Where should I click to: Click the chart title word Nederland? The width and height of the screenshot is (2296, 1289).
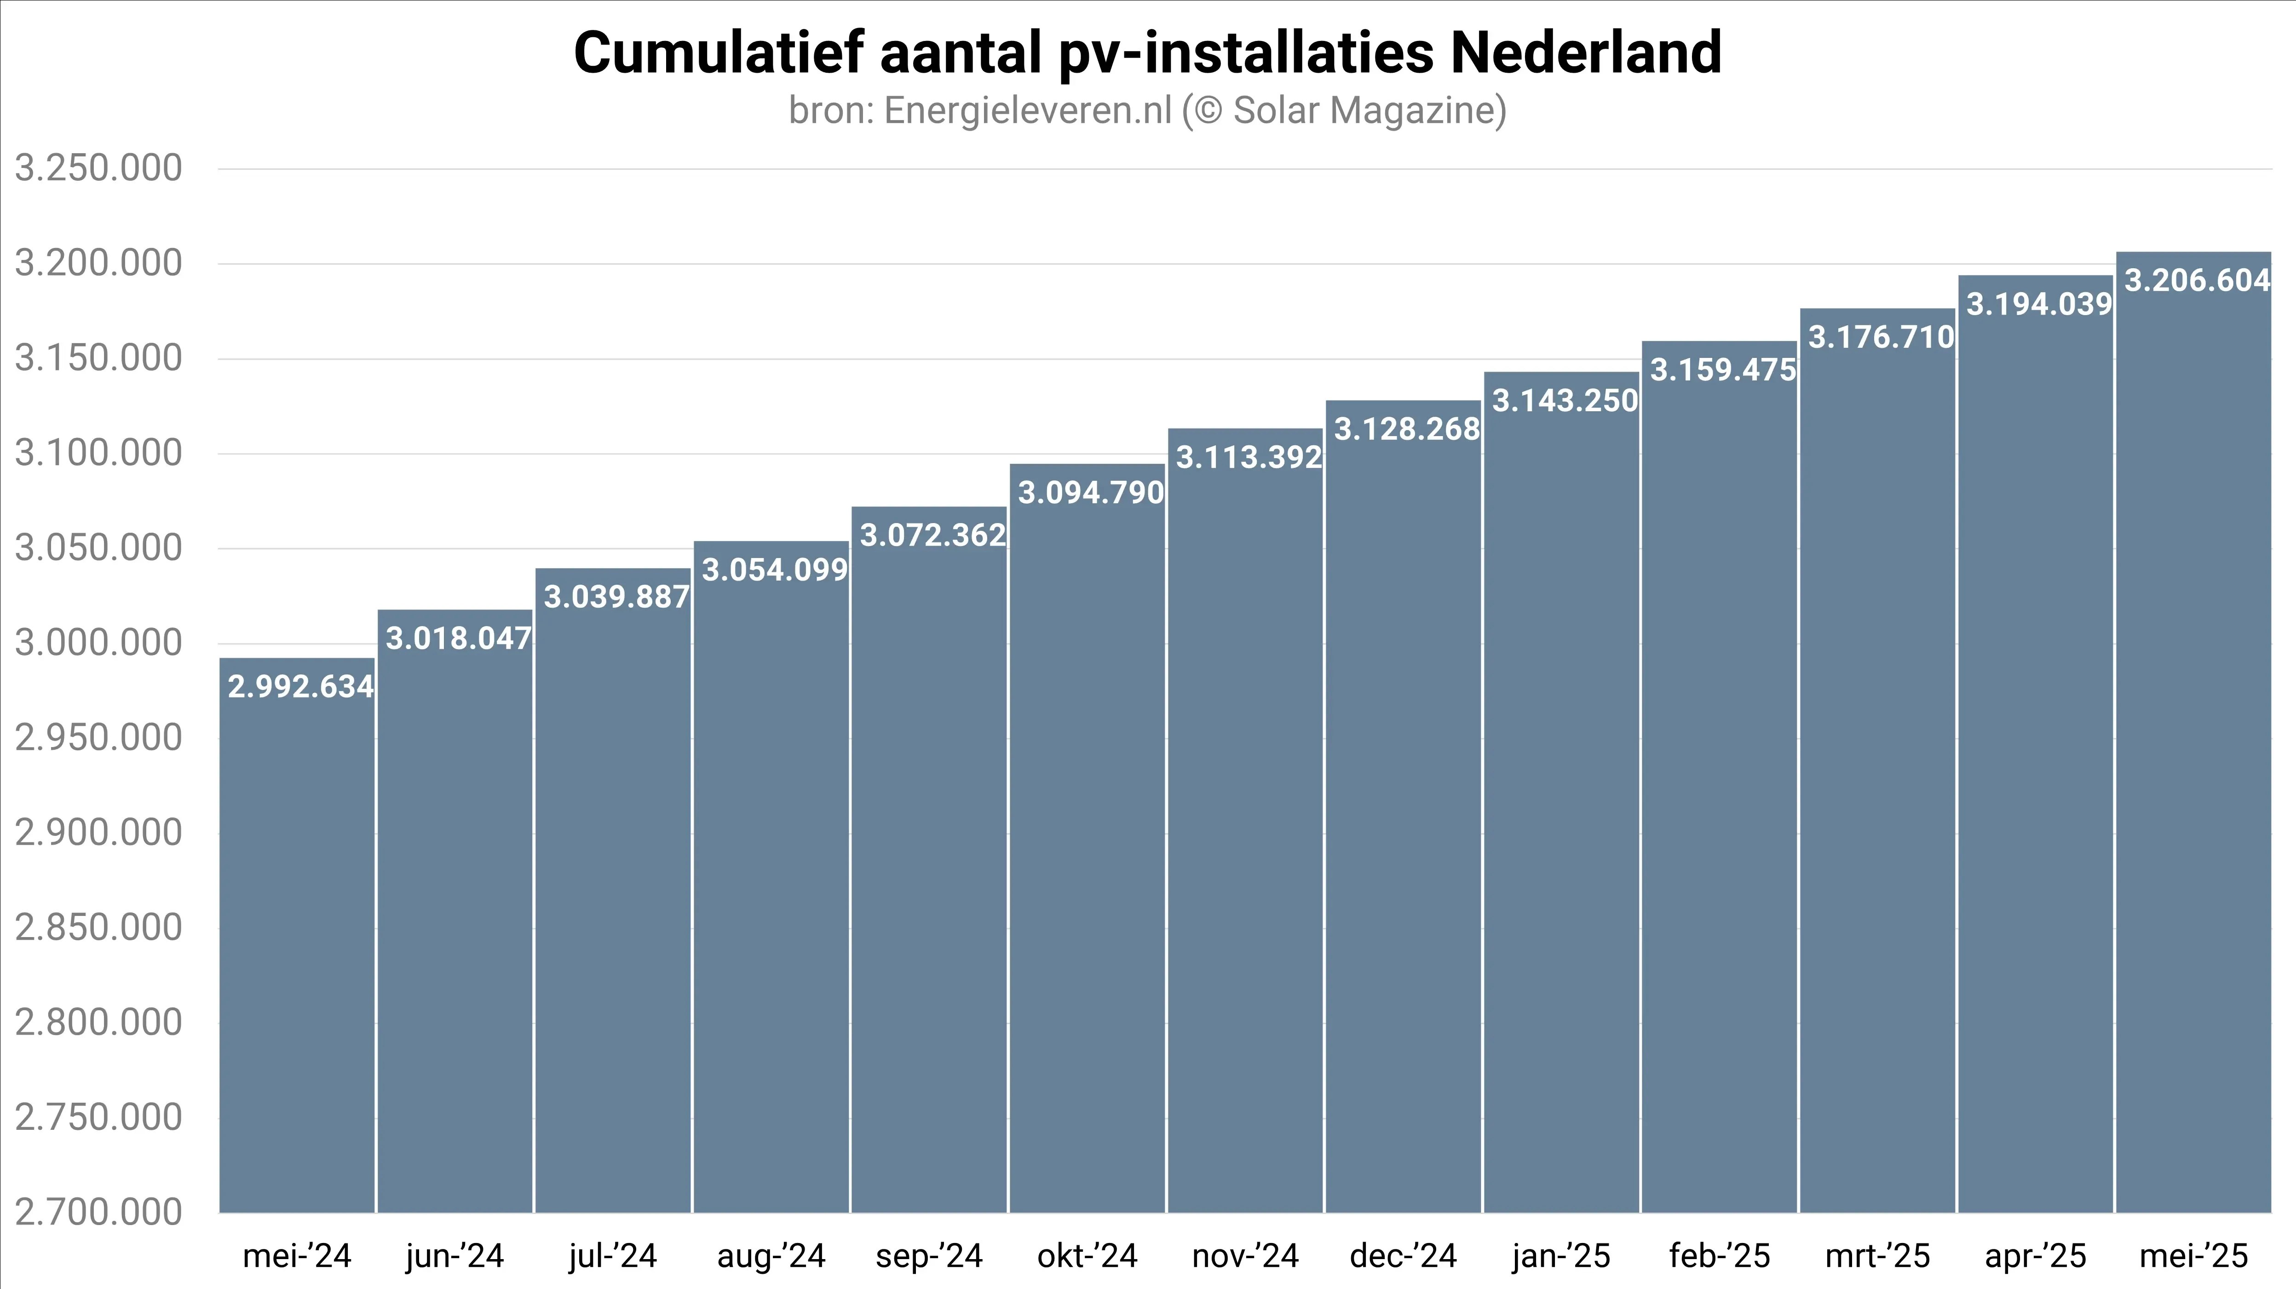click(x=1586, y=53)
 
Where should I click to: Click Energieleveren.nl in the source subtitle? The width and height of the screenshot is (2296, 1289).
click(x=1027, y=110)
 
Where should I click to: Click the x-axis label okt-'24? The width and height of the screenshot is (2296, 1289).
click(x=1088, y=1256)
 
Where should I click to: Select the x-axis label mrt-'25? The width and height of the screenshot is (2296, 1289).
click(x=1877, y=1256)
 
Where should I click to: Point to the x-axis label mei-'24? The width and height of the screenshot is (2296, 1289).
click(x=297, y=1256)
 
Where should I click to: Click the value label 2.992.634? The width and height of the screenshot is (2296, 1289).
click(x=300, y=686)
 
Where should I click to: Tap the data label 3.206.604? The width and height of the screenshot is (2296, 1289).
click(x=2197, y=281)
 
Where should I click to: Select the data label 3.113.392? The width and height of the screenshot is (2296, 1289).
click(x=1248, y=457)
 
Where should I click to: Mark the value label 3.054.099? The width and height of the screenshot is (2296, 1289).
click(x=774, y=570)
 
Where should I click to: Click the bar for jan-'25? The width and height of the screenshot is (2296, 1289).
click(x=1561, y=802)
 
